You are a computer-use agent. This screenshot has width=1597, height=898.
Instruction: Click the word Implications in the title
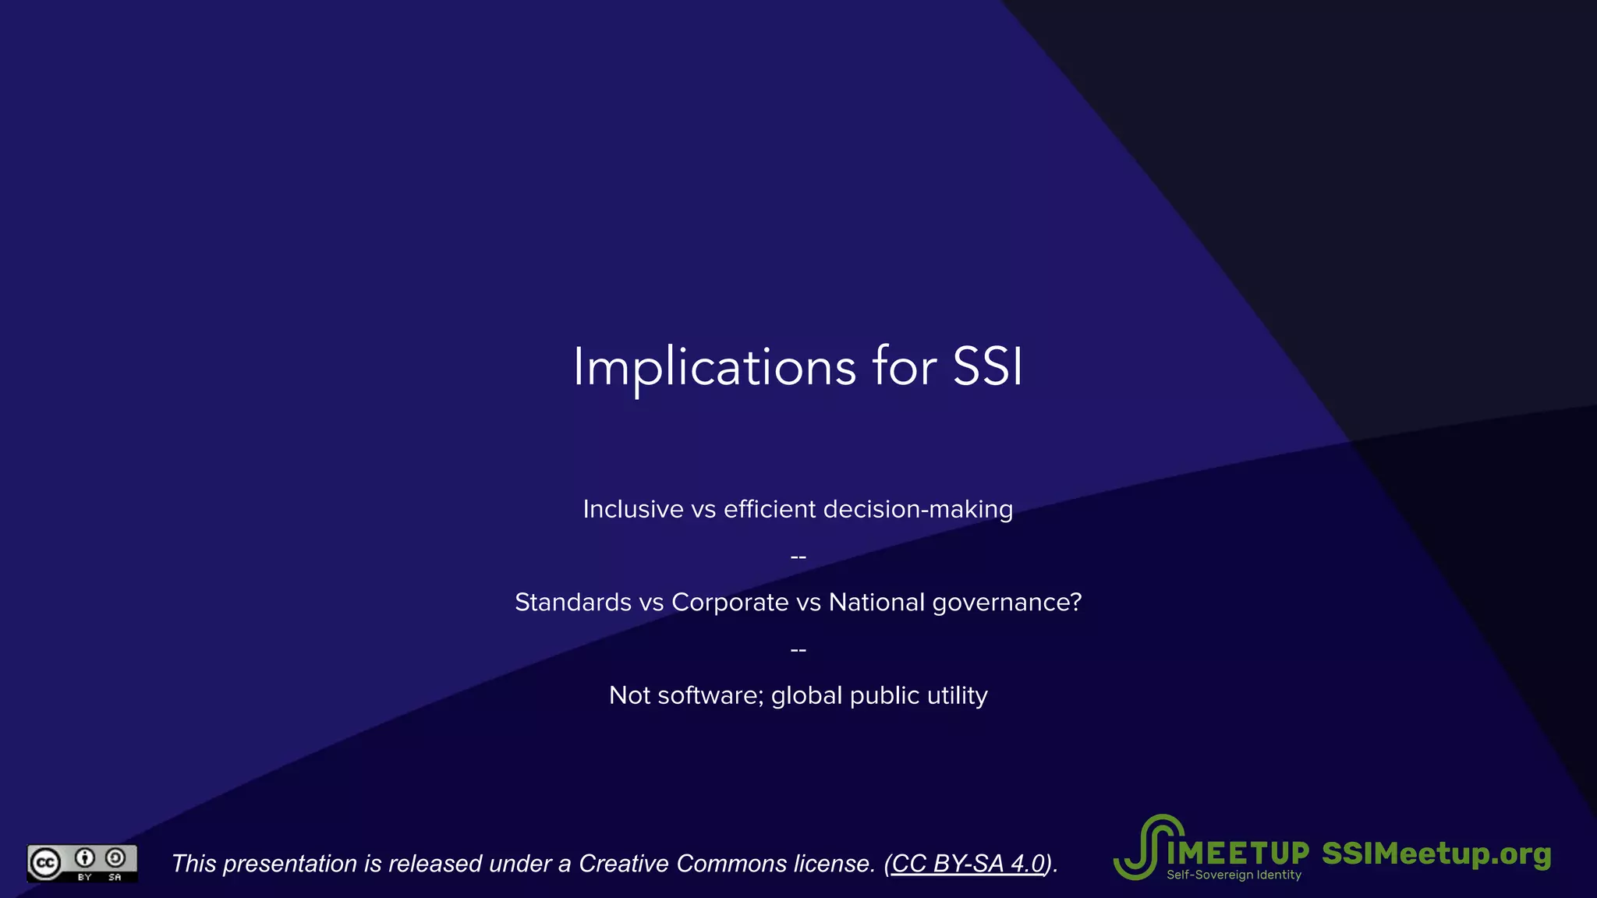pyautogui.click(x=714, y=366)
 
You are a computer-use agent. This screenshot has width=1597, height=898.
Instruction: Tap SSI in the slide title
pyautogui.click(x=987, y=366)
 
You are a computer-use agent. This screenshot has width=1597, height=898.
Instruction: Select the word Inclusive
pyautogui.click(x=633, y=509)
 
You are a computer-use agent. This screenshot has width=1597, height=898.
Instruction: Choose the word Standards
pyautogui.click(x=573, y=602)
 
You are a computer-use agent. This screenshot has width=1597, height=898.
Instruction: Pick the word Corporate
pyautogui.click(x=730, y=602)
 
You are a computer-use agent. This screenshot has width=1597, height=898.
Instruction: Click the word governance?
pyautogui.click(x=1007, y=603)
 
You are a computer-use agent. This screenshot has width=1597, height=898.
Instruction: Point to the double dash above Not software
pyautogui.click(x=798, y=649)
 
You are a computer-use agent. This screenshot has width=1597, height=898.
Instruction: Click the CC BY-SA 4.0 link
pyautogui.click(x=968, y=864)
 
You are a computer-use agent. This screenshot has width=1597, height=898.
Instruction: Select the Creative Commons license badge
pyautogui.click(x=82, y=863)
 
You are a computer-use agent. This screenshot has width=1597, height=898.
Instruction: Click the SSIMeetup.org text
pyautogui.click(x=1436, y=854)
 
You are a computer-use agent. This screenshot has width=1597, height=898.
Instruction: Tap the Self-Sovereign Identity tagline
pyautogui.click(x=1234, y=875)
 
